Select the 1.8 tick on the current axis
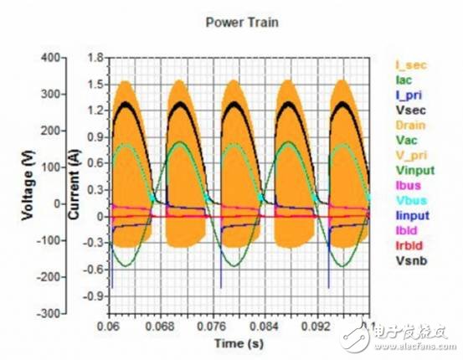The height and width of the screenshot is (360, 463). [95, 57]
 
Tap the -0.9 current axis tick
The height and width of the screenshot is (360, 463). [93, 296]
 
